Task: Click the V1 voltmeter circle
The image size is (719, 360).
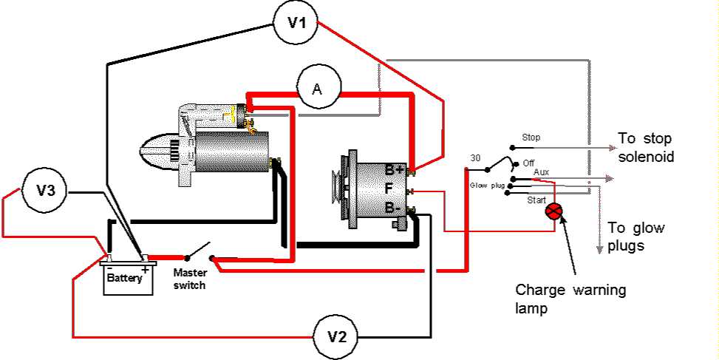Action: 296,23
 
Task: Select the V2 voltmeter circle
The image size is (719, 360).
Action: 336,337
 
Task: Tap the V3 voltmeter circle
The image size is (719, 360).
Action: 46,191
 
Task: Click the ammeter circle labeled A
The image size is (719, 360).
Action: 318,89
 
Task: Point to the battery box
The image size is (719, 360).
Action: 129,278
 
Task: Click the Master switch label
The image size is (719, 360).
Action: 189,278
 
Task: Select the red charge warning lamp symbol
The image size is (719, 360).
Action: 553,211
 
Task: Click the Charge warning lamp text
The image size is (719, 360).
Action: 570,299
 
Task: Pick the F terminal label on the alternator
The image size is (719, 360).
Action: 389,189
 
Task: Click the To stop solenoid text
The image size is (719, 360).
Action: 646,149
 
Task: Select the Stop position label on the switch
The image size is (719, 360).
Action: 531,137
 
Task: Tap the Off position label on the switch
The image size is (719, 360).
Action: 528,162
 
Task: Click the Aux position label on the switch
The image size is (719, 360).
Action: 541,171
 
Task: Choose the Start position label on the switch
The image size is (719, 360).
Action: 536,200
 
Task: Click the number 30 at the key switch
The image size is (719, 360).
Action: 476,159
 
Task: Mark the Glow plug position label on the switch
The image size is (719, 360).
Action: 488,186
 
